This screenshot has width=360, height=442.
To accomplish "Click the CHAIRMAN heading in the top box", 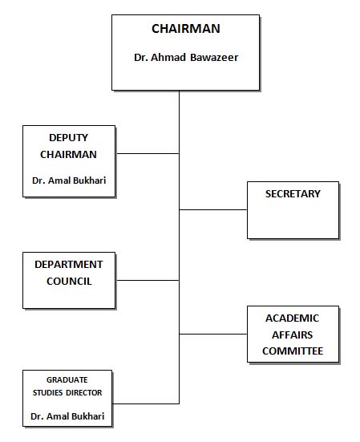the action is tap(186, 29).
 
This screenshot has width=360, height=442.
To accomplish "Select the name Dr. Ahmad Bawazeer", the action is tap(186, 58).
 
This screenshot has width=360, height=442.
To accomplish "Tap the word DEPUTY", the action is tap(68, 137).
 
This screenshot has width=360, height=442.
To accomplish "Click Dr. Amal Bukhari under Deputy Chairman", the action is tap(69, 180).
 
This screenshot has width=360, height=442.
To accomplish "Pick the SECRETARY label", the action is tap(293, 193).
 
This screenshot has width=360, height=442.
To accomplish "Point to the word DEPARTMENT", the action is tap(69, 265).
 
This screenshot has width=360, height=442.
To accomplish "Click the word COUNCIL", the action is tap(69, 282).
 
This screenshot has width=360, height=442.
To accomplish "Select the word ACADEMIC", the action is tap(293, 318).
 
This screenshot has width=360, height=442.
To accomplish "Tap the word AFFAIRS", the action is tap(293, 335).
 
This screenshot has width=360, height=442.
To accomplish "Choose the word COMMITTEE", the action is tap(293, 351).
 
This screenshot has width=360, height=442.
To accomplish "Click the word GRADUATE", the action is tap(67, 380).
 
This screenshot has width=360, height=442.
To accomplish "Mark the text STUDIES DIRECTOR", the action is tap(67, 393).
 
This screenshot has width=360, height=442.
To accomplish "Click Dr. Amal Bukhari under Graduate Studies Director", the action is tap(67, 416).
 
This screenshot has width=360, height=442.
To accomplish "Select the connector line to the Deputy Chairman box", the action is tap(148, 154).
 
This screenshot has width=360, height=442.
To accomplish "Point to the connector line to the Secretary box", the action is tap(213, 209).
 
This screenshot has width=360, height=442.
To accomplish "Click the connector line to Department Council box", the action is tap(148, 281).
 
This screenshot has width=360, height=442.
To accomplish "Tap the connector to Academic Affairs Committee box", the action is tap(213, 334).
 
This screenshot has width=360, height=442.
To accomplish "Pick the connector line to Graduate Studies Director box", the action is tap(146, 403).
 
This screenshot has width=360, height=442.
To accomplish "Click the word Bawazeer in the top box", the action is tap(214, 58).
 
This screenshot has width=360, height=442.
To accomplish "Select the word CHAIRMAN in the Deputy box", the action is tap(68, 155).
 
